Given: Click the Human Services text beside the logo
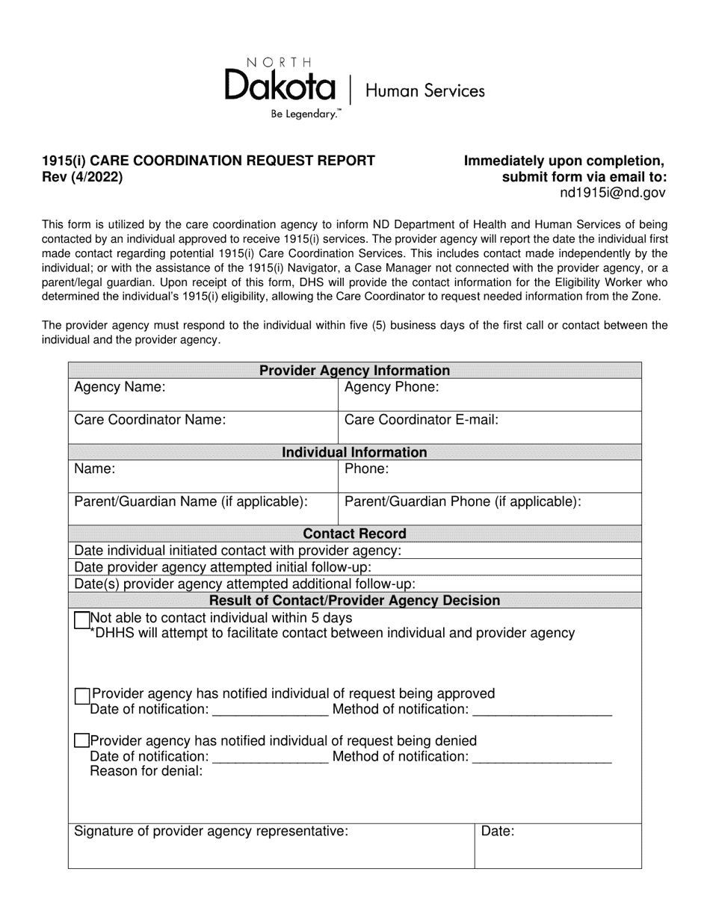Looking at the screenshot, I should [425, 91].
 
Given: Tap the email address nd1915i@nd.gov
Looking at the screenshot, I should [612, 193].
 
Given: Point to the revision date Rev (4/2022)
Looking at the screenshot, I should [83, 177].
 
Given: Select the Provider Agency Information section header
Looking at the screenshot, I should [354, 371].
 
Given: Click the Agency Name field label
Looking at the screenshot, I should [120, 387].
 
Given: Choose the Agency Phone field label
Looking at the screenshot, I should [392, 387].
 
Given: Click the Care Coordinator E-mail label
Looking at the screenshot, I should [421, 420].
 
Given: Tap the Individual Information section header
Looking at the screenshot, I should [354, 452].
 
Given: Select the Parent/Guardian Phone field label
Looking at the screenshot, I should [463, 502].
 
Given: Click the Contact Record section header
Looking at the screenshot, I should [354, 533].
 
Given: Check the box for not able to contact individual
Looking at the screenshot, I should [82, 620].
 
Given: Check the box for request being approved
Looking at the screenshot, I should [82, 696].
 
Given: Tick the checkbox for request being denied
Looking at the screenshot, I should [82, 741].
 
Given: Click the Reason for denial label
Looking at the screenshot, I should [146, 771].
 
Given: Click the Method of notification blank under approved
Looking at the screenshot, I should [543, 711].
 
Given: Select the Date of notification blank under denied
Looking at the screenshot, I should [270, 758].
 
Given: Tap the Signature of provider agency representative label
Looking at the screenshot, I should [211, 831].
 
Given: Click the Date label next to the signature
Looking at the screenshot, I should [498, 831].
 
